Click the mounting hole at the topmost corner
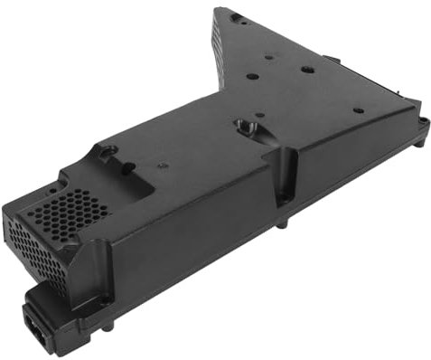pyautogui.click(x=236, y=17)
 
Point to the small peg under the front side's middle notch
pyautogui.click(x=281, y=222)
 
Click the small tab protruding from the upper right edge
pyautogui.click(x=331, y=60)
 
